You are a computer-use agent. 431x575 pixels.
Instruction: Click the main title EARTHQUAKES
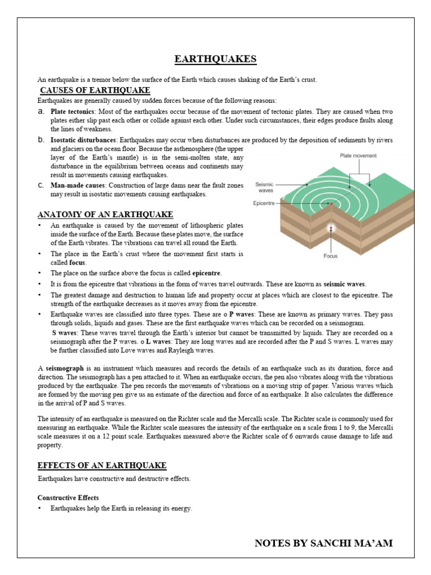215,60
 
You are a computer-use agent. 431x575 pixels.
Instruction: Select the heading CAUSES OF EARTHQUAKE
95,90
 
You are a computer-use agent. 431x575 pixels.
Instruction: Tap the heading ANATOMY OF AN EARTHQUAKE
105,215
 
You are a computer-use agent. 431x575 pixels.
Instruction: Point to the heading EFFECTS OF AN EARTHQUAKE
102,465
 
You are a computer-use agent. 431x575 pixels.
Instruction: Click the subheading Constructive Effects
68,498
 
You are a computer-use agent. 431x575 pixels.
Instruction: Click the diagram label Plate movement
358,156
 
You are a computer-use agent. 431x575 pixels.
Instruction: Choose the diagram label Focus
331,256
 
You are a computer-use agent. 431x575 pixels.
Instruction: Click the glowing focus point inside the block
331,227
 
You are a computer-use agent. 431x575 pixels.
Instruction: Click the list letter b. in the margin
41,139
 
